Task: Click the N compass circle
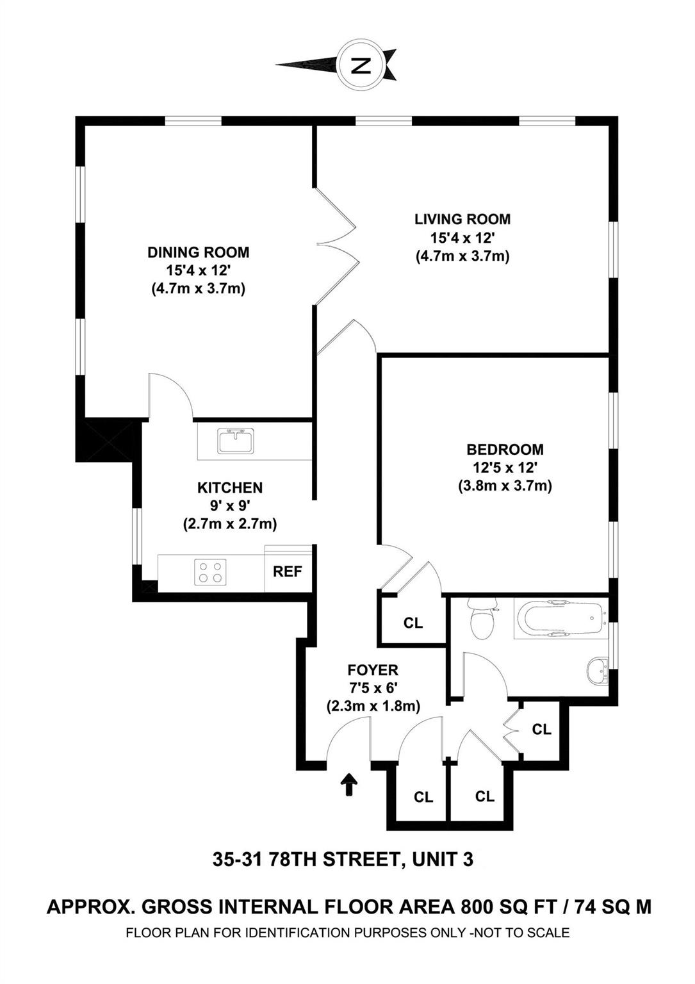pyautogui.click(x=363, y=65)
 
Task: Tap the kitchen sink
pyautogui.click(x=235, y=441)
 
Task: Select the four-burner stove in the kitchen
pyautogui.click(x=212, y=571)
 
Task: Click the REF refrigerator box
pyautogui.click(x=288, y=571)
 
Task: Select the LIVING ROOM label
pyautogui.click(x=462, y=219)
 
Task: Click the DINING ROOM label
pyautogui.click(x=199, y=252)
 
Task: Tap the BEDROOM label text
pyautogui.click(x=505, y=450)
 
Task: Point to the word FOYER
pyautogui.click(x=373, y=670)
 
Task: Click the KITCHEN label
pyautogui.click(x=229, y=488)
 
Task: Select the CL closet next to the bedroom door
pyautogui.click(x=413, y=623)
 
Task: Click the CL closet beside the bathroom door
pyautogui.click(x=542, y=729)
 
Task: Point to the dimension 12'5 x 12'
pyautogui.click(x=505, y=468)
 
